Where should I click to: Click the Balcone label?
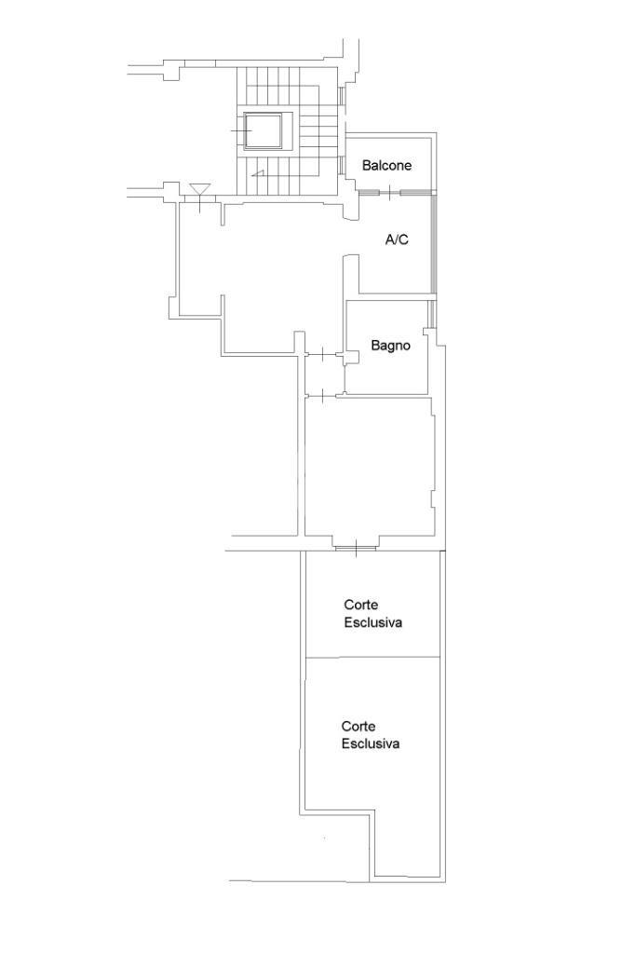387,165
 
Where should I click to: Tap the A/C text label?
397,239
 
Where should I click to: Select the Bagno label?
390,346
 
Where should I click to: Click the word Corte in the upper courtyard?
360,605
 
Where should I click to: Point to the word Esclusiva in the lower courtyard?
370,743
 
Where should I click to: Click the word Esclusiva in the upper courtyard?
373,622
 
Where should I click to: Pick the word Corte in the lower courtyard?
359,726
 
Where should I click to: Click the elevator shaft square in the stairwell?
263,130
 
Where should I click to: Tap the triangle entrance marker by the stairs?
199,190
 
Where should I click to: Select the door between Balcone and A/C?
388,193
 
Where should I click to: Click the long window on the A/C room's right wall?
434,243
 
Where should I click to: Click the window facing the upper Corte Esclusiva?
355,548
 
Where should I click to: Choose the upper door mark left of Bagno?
322,354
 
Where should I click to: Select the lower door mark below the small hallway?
322,396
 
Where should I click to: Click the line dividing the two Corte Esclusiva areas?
372,657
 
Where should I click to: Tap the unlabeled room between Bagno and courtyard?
370,467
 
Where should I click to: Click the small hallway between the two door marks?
324,375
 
